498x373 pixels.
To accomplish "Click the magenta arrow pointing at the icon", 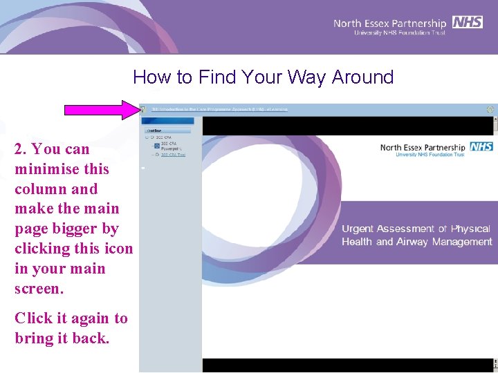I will pos(101,109).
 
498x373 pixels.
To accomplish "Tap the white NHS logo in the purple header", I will pos(468,22).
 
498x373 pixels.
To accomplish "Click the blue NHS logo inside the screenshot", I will pos(481,146).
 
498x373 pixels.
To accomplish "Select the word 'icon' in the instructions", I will pos(118,249).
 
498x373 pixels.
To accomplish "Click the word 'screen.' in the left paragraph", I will pos(39,289).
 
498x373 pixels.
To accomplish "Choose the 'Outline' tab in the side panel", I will pos(154,130).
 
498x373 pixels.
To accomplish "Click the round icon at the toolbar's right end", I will pos(490,109).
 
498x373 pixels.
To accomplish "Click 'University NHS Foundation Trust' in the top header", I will pos(400,32).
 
